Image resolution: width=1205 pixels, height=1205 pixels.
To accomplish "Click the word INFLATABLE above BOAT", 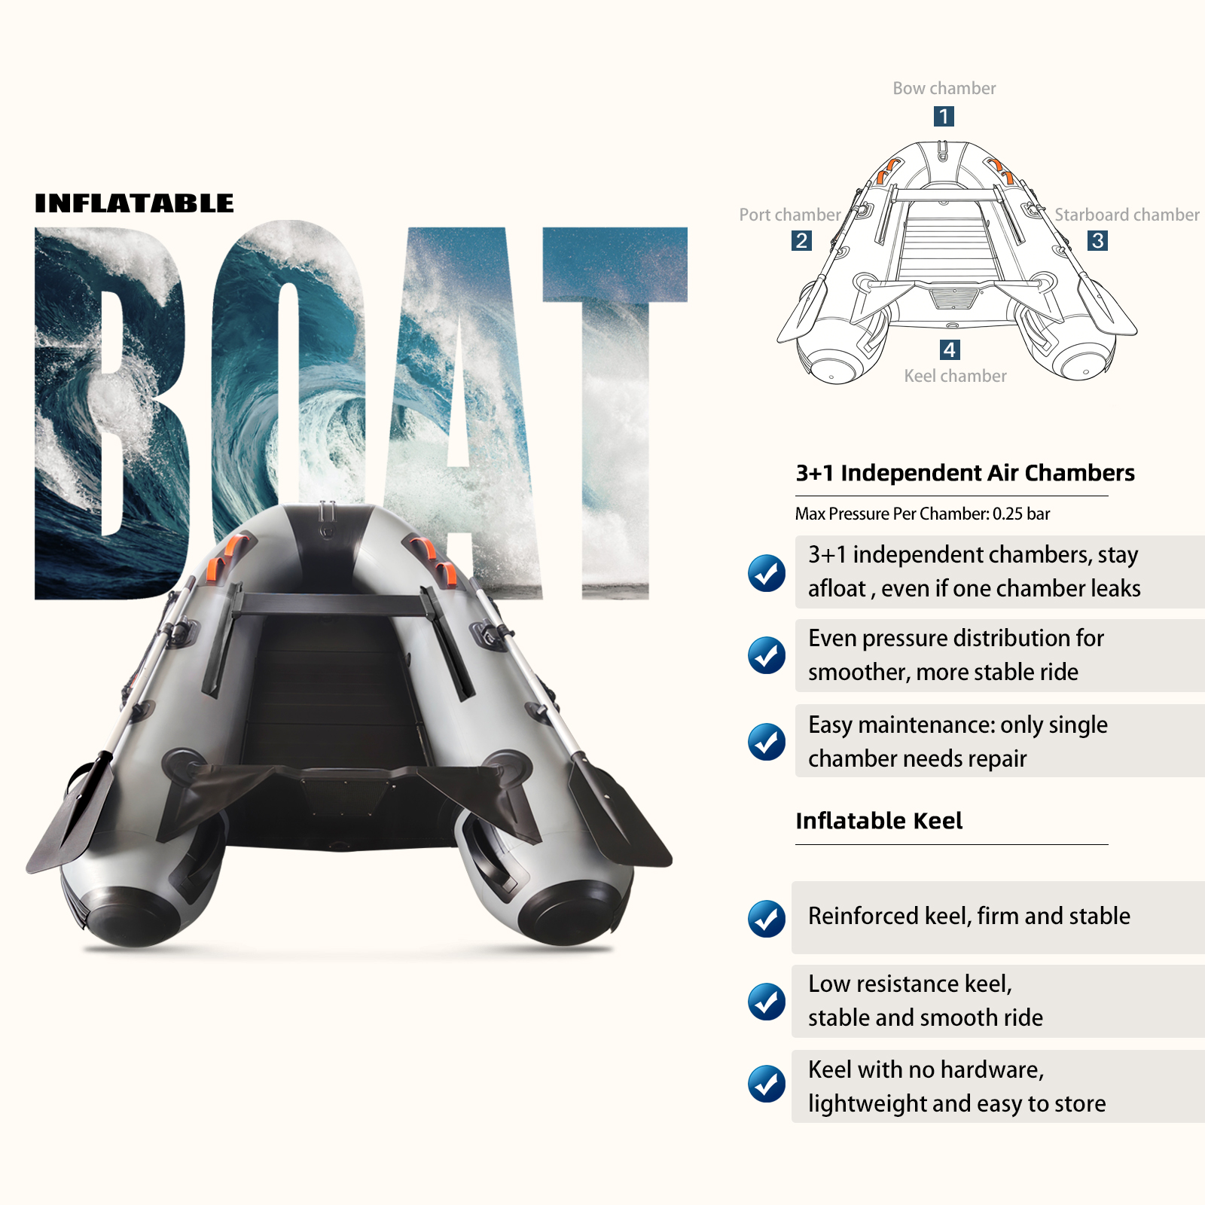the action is [134, 203].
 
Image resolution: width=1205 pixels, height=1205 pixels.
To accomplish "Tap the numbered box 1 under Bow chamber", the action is [944, 116].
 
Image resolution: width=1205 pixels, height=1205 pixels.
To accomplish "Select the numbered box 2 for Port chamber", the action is [801, 240].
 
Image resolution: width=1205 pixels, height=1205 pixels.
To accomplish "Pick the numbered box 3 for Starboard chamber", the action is [1098, 240].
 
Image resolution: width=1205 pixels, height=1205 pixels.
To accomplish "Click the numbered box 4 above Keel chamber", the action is [950, 349].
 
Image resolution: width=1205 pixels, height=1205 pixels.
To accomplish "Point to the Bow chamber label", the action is [944, 88].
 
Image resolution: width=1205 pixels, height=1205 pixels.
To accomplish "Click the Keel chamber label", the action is [955, 376].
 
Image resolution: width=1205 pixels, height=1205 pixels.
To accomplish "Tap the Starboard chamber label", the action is [1127, 215].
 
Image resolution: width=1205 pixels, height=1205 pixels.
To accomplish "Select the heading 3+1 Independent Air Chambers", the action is [965, 473].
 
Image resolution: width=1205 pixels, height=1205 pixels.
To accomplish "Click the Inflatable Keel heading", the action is [879, 820].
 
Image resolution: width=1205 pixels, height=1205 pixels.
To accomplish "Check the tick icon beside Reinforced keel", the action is [767, 918].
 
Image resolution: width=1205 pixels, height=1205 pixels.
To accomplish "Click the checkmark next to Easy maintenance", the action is [767, 742].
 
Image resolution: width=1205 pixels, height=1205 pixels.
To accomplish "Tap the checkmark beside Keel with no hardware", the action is [767, 1084].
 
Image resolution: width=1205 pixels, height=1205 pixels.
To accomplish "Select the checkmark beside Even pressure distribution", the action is [767, 655].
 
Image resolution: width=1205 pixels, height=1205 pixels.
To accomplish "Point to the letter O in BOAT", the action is [286, 377].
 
